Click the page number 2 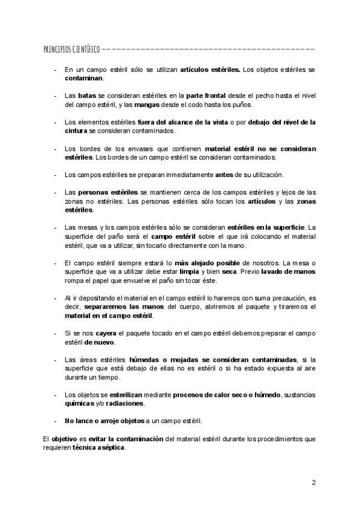[313, 483]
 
